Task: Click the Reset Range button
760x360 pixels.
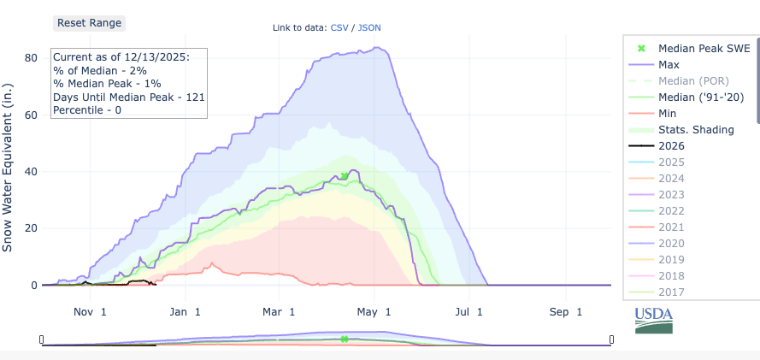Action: (x=89, y=23)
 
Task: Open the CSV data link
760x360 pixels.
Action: (x=340, y=27)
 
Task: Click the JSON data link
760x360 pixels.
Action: (x=369, y=27)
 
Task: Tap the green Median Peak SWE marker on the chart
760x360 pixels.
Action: (x=345, y=176)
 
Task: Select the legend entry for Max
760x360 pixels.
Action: (x=669, y=65)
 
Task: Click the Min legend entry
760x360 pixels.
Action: (x=669, y=114)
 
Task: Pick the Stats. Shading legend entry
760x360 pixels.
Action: (x=697, y=130)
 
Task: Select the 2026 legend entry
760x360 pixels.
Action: (x=672, y=146)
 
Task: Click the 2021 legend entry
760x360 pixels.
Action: (x=672, y=227)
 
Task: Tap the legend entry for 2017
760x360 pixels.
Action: (x=672, y=292)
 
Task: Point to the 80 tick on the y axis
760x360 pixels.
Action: (x=31, y=58)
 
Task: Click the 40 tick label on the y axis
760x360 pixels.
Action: (x=31, y=172)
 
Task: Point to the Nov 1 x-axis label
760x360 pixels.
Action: (x=90, y=312)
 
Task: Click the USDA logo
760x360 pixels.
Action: (x=653, y=320)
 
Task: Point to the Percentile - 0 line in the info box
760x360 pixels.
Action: (x=87, y=110)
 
